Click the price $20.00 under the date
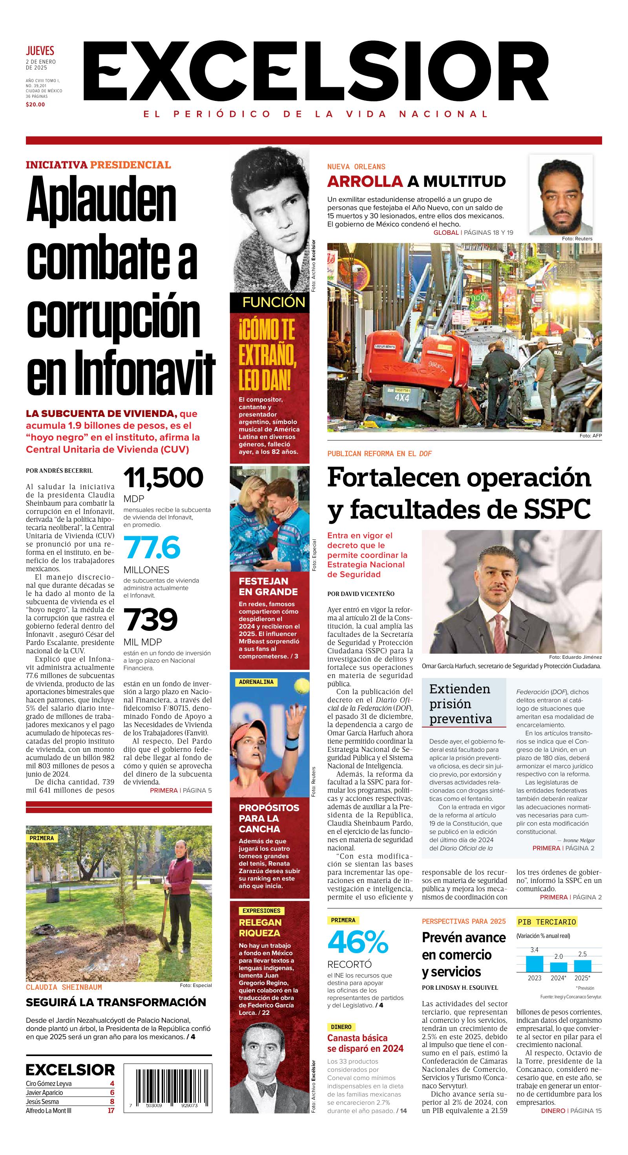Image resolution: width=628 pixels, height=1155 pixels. click(x=35, y=104)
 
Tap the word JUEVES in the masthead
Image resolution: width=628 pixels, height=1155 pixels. click(x=40, y=51)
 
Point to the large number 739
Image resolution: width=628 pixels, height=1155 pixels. click(x=151, y=620)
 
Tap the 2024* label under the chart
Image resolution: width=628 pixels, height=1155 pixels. click(x=559, y=978)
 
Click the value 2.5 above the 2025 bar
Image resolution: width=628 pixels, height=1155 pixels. click(x=582, y=954)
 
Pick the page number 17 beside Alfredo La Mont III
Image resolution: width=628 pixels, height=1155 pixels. click(x=110, y=1111)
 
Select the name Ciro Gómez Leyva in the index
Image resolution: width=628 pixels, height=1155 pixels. click(x=49, y=1083)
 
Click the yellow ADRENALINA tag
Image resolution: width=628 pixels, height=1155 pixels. click(x=256, y=682)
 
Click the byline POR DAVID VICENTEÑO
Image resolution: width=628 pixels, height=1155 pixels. click(x=361, y=594)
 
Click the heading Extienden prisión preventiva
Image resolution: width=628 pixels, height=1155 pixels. click(x=460, y=704)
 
